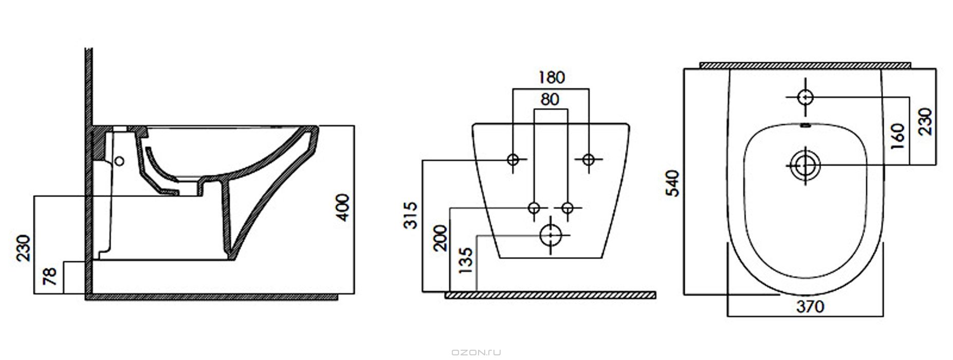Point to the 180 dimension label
click(551, 77)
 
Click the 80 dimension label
click(550, 99)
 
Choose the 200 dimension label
click(441, 238)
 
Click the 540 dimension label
click(673, 183)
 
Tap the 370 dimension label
click(810, 307)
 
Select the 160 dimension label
click(899, 136)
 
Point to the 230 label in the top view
click(925, 121)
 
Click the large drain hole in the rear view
click(551, 236)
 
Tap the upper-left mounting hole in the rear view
click(513, 159)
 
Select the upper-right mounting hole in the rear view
click(589, 159)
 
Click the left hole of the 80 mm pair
click(535, 208)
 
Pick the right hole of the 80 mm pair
click(567, 208)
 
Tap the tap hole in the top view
click(805, 97)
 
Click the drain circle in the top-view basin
click(804, 165)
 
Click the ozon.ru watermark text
click(476, 352)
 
